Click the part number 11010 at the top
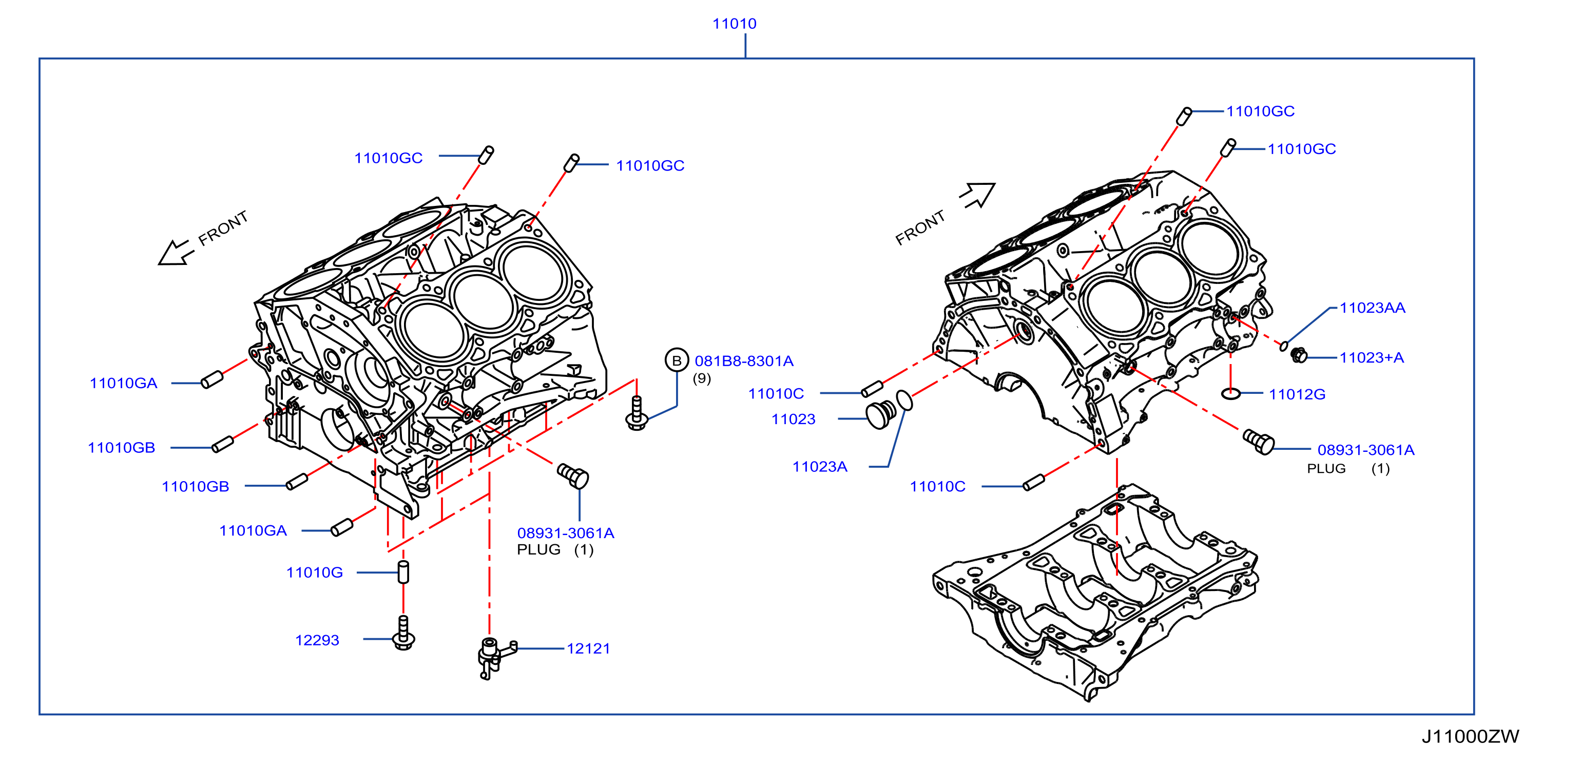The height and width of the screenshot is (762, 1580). (x=734, y=24)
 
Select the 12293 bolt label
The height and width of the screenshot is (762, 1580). (x=317, y=640)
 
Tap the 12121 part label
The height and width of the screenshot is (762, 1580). (x=588, y=649)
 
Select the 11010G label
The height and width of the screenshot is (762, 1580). (x=315, y=573)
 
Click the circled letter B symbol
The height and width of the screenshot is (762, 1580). (x=677, y=361)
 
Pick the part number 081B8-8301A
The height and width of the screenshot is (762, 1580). (x=744, y=361)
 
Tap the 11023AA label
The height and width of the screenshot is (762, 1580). (x=1372, y=308)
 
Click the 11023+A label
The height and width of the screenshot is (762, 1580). (x=1372, y=358)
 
